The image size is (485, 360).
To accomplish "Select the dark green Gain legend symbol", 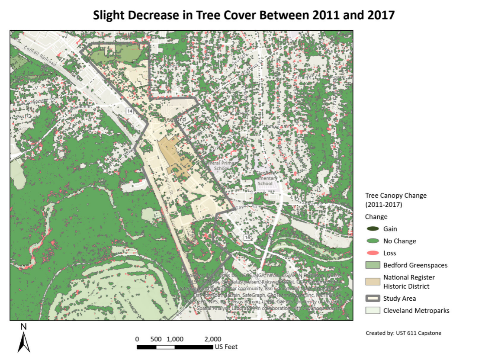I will tap(372, 229).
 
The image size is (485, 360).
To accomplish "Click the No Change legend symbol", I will tap(372, 241).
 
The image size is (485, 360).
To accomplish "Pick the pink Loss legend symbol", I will tap(372, 253).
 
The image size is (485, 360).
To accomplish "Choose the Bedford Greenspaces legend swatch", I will tap(372, 265).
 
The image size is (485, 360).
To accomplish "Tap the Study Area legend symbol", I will tap(372, 299).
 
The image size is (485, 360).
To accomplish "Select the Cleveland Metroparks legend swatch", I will tap(372, 311).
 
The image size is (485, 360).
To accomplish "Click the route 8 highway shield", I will tap(270, 237).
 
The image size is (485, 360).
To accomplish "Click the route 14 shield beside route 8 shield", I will tap(247, 238).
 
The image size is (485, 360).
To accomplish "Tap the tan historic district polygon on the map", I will tap(173, 156).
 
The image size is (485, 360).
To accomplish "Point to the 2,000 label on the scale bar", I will tap(212, 339).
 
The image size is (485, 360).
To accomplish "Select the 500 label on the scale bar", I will tap(156, 339).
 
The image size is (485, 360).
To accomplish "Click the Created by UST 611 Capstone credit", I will tap(403, 333).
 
